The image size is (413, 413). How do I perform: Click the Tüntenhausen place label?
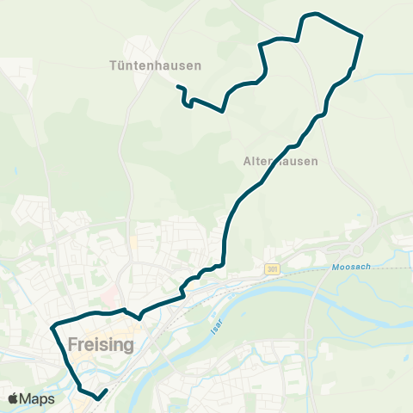click(x=156, y=65)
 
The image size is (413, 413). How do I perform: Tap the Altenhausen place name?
click(x=280, y=161)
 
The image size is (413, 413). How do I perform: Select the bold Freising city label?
click(x=98, y=346)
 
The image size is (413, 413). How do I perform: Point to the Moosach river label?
click(x=351, y=268)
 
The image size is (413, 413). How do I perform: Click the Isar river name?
click(x=216, y=323)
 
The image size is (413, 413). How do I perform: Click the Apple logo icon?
click(x=13, y=398)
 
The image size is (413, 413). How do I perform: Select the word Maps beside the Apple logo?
click(x=39, y=398)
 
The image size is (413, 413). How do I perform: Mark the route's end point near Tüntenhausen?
click(x=178, y=86)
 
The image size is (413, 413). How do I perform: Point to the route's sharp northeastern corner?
click(x=361, y=35)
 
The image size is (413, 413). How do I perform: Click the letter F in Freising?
click(x=68, y=346)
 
